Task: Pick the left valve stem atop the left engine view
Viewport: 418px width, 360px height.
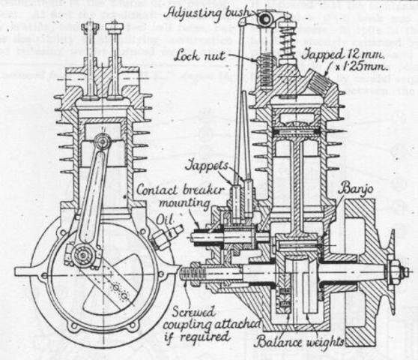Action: pyautogui.click(x=91, y=45)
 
